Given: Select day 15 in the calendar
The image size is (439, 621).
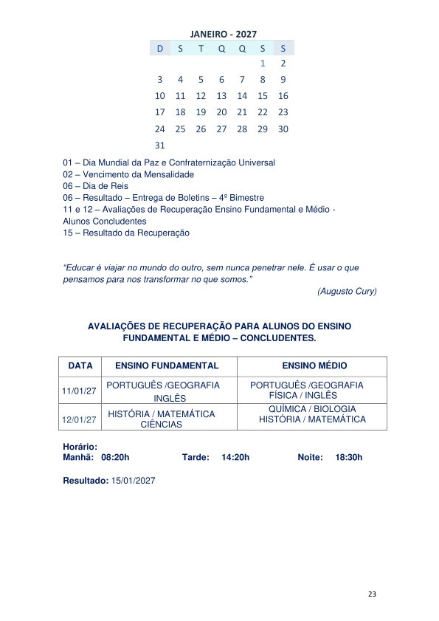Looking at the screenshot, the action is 263,96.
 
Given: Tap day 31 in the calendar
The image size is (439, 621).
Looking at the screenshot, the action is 159,145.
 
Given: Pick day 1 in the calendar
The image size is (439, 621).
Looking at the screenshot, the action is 263,64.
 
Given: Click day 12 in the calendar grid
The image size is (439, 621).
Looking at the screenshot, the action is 201,96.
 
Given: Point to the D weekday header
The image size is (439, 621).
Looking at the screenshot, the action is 159,48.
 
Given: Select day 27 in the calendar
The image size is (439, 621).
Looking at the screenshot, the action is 221,129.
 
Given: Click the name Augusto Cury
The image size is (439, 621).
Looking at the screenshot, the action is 347,292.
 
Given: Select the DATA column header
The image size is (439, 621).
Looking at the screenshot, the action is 80,366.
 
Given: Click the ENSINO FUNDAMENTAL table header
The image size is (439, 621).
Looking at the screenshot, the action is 167,366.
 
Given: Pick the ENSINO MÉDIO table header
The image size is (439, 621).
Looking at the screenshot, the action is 314,366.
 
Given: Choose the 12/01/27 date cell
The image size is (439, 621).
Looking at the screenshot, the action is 79,419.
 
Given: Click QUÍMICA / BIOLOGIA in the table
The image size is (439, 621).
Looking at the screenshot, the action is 312,409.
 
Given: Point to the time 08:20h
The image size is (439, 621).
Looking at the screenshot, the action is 115,458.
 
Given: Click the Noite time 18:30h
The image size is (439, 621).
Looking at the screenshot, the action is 348,458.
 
